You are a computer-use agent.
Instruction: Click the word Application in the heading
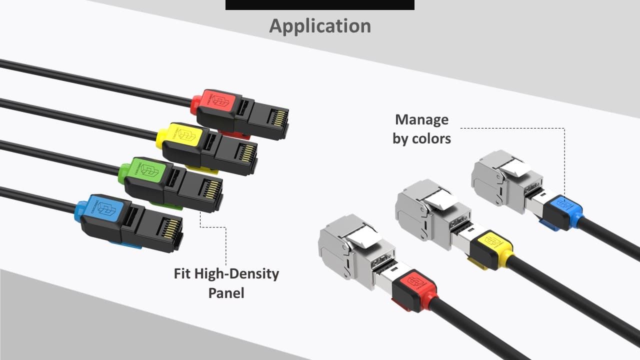[x=320, y=25]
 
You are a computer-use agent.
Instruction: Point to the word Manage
[x=421, y=119]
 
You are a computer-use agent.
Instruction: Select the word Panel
[x=226, y=292]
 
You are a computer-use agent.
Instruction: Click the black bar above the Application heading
[x=320, y=4]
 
